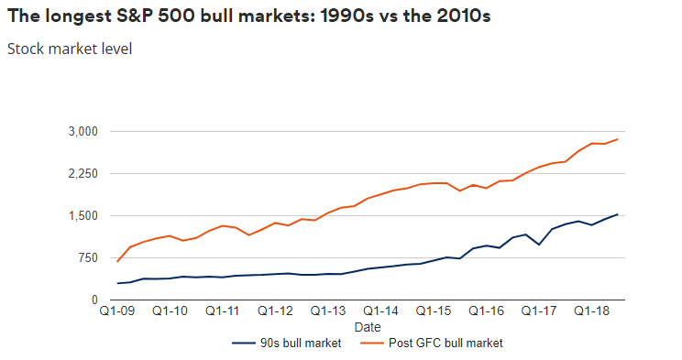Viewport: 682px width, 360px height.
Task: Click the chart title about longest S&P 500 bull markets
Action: [247, 17]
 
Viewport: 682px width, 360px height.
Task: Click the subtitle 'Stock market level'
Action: [70, 49]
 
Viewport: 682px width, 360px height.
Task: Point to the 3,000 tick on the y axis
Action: [82, 131]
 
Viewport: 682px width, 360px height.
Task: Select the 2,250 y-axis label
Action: [82, 173]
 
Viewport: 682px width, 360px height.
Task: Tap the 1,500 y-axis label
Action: [82, 215]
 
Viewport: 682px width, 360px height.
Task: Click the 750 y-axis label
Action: [87, 257]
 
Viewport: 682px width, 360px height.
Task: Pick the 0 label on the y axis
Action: [94, 300]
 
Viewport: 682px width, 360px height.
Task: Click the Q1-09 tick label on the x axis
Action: [117, 311]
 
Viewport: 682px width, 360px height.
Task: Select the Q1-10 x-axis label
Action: [170, 311]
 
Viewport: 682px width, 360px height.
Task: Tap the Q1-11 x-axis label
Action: [222, 311]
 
